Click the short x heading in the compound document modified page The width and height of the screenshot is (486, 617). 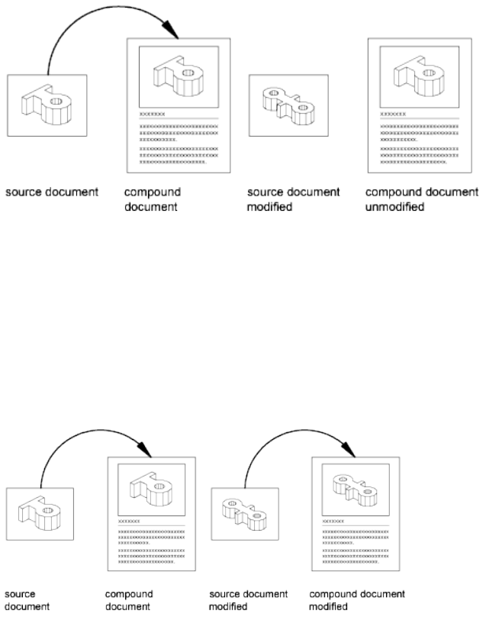click(332, 521)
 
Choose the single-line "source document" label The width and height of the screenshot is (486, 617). click(52, 192)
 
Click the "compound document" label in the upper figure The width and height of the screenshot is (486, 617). click(152, 200)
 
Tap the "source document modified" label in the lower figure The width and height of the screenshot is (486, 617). click(248, 600)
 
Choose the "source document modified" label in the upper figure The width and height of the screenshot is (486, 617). click(294, 200)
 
